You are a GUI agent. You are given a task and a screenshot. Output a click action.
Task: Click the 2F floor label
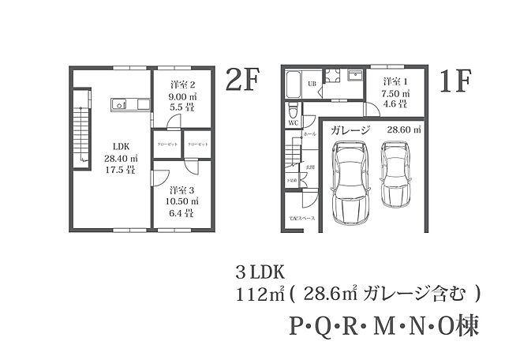[x=243, y=81]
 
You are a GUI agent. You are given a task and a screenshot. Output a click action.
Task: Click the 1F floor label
[x=455, y=81]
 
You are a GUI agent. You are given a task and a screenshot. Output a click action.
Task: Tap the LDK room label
[x=121, y=146]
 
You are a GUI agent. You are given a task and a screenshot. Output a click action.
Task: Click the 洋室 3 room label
[x=182, y=189]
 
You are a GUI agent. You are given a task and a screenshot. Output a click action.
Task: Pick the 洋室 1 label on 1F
[x=396, y=82]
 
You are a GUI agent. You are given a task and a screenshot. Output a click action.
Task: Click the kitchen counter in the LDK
[x=129, y=104]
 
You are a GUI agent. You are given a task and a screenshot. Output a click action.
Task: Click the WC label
[x=292, y=123]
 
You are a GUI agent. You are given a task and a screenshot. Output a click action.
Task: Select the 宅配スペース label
[x=301, y=218]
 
